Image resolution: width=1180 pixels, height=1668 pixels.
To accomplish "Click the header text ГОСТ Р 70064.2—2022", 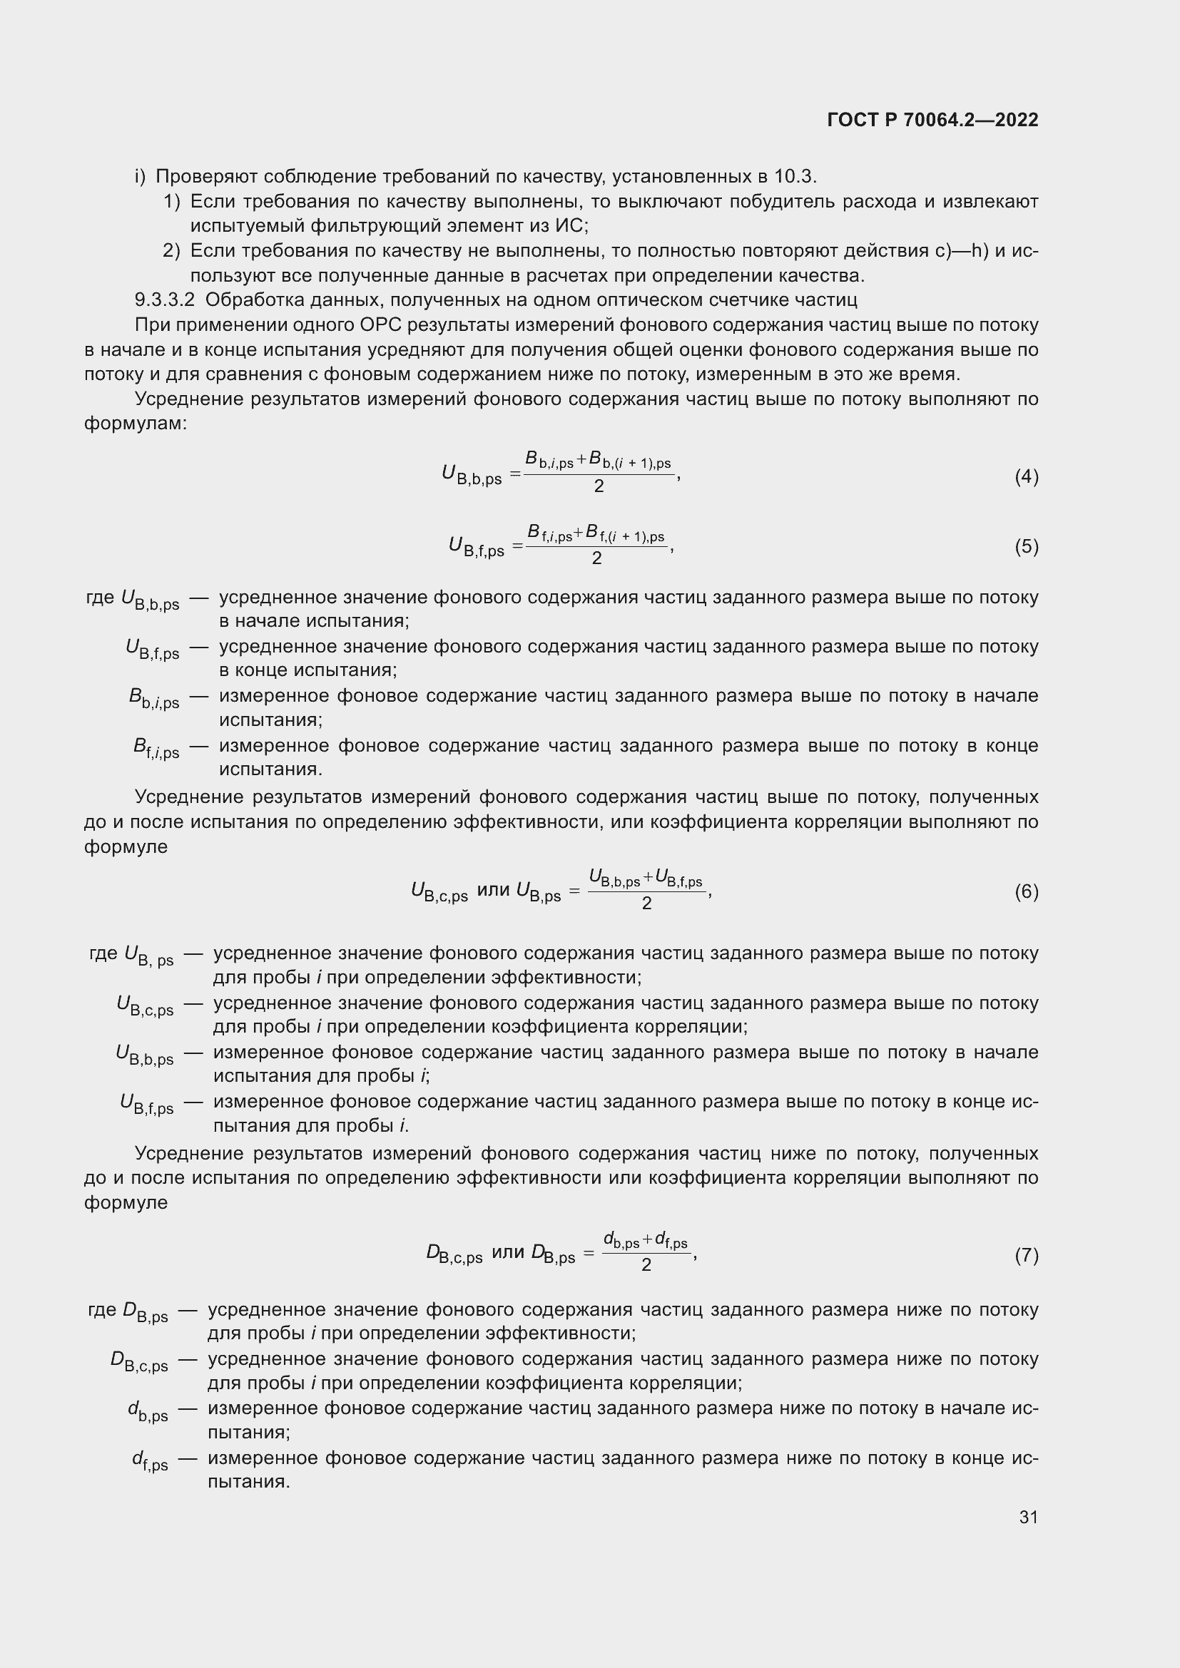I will click(x=932, y=120).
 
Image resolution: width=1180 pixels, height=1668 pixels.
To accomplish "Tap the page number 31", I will click(x=1028, y=1517).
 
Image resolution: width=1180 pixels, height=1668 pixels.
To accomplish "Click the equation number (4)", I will click(x=1026, y=476).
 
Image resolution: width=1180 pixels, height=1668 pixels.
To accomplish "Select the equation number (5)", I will click(x=1026, y=546).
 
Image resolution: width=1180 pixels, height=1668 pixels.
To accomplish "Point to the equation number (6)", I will click(x=1026, y=891).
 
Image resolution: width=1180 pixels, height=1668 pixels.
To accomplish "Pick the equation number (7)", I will click(x=1026, y=1255).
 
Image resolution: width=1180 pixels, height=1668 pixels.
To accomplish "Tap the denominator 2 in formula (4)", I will click(x=598, y=487).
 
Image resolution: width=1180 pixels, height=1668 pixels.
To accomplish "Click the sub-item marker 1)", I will click(x=171, y=201).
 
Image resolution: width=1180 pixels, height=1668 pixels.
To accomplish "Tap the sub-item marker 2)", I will click(x=171, y=250).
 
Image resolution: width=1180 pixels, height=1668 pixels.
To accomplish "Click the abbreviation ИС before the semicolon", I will click(x=568, y=226).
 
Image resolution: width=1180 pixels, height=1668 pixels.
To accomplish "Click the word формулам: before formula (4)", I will click(x=135, y=424).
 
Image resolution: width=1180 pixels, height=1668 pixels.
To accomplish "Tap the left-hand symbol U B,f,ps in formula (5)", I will click(x=476, y=547).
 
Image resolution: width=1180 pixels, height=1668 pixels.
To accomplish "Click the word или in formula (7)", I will click(x=508, y=1252).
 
